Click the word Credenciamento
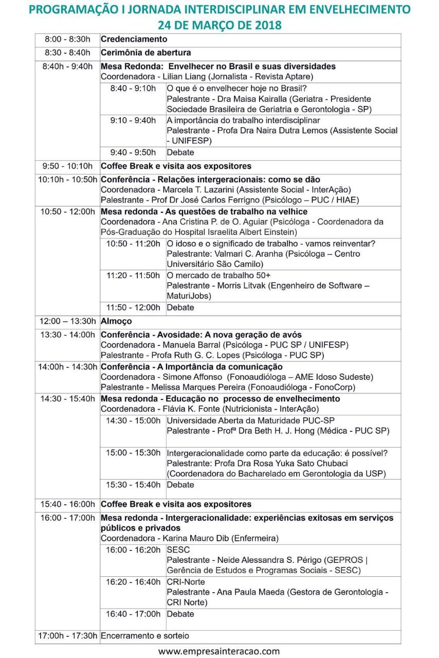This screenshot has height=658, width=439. tap(134, 39)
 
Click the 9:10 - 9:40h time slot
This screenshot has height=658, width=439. tap(133, 120)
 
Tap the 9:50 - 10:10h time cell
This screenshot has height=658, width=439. tap(67, 166)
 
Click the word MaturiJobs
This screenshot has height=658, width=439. tap(189, 296)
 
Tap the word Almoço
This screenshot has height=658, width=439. tap(116, 321)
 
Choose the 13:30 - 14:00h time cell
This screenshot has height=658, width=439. tap(67, 335)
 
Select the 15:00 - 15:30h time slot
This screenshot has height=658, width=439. tap(133, 453)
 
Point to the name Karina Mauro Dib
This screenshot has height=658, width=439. tap(194, 538)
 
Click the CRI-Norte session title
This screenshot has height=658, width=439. tap(186, 582)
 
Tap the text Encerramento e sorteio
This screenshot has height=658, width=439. tap(145, 636)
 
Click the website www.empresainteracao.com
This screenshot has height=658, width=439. tap(219, 651)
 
